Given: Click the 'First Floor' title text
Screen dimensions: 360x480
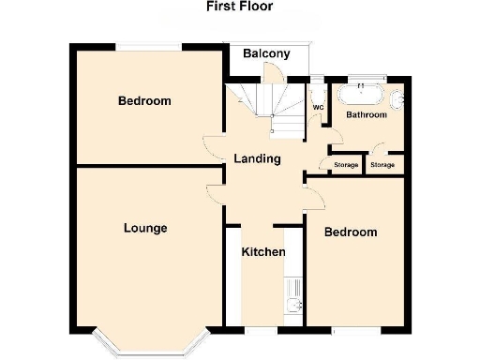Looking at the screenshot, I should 239,6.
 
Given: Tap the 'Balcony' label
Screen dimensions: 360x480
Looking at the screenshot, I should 266,54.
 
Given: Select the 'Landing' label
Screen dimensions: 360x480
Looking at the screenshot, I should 257,158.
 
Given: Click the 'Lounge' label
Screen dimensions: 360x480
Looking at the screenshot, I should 145,228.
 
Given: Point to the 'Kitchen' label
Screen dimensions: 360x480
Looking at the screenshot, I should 263,252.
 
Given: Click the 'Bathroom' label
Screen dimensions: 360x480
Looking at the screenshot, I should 365,115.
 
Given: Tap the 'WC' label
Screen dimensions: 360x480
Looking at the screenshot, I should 318,107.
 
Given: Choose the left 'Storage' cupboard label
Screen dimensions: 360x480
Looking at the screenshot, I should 346,165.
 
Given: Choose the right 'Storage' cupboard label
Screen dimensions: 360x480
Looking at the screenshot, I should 382,165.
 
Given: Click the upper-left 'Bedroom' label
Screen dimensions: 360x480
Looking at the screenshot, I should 144,101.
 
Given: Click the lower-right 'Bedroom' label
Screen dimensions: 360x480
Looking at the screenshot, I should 351,232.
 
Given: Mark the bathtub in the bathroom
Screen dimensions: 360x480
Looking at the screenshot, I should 361,94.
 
